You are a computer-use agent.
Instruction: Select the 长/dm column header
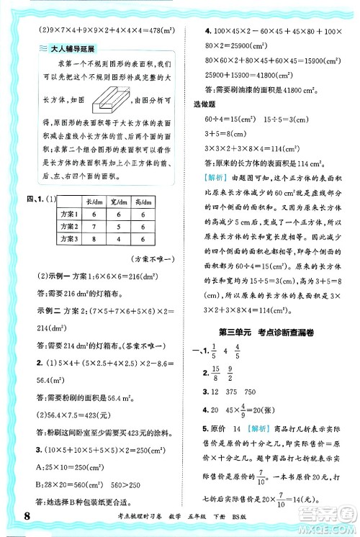click(x=93, y=203)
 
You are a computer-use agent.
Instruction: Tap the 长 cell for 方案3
click(x=93, y=241)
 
